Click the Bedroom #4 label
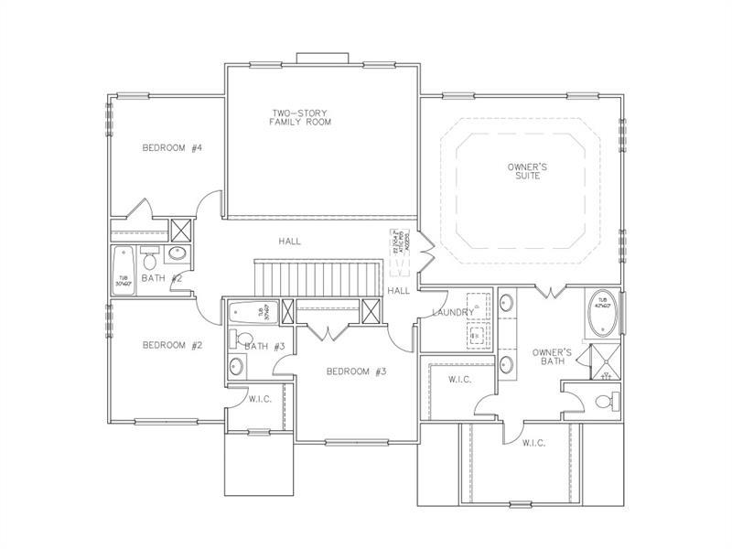click(171, 148)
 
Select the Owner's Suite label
click(527, 171)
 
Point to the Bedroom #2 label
click(171, 345)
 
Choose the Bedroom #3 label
click(357, 371)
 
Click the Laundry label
click(453, 313)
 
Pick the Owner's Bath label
click(553, 356)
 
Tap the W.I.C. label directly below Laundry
click(459, 380)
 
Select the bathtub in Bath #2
click(123, 268)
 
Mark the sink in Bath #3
click(237, 367)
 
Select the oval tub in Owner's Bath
click(603, 311)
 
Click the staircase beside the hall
click(318, 275)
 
